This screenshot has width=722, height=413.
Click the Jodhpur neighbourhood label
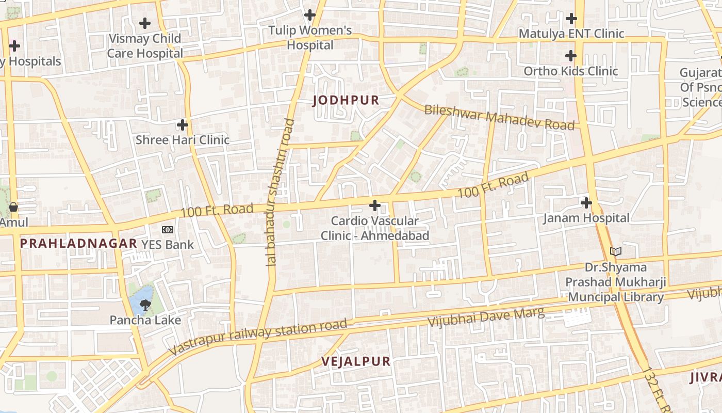tap(346, 100)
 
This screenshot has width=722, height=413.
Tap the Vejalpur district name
tap(356, 361)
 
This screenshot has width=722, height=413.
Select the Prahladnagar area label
tap(78, 244)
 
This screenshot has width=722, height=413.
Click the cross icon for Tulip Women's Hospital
tap(309, 15)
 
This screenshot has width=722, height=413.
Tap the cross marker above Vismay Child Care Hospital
tap(145, 23)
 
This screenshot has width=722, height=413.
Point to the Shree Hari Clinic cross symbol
tap(182, 125)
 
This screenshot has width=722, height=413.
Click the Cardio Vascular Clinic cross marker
tap(375, 206)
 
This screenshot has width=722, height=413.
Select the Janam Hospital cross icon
tap(586, 202)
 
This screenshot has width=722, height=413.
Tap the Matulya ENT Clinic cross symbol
tap(571, 19)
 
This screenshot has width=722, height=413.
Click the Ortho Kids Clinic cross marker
tap(570, 56)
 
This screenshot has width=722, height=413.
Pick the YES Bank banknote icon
tap(168, 230)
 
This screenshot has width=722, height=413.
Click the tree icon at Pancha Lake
tap(145, 305)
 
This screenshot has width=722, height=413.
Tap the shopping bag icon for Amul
tap(13, 207)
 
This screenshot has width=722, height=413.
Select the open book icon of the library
tap(616, 252)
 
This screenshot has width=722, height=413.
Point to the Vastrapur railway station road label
tap(258, 336)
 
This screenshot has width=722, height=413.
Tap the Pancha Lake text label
tap(145, 320)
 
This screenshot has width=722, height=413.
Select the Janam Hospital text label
tap(586, 218)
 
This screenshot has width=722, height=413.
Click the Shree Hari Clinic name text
tap(182, 140)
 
